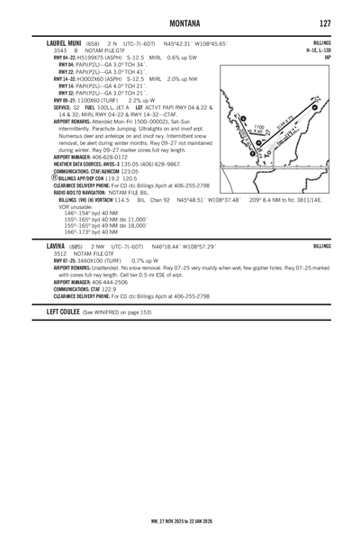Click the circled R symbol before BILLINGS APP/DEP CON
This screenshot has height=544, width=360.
tap(28, 180)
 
